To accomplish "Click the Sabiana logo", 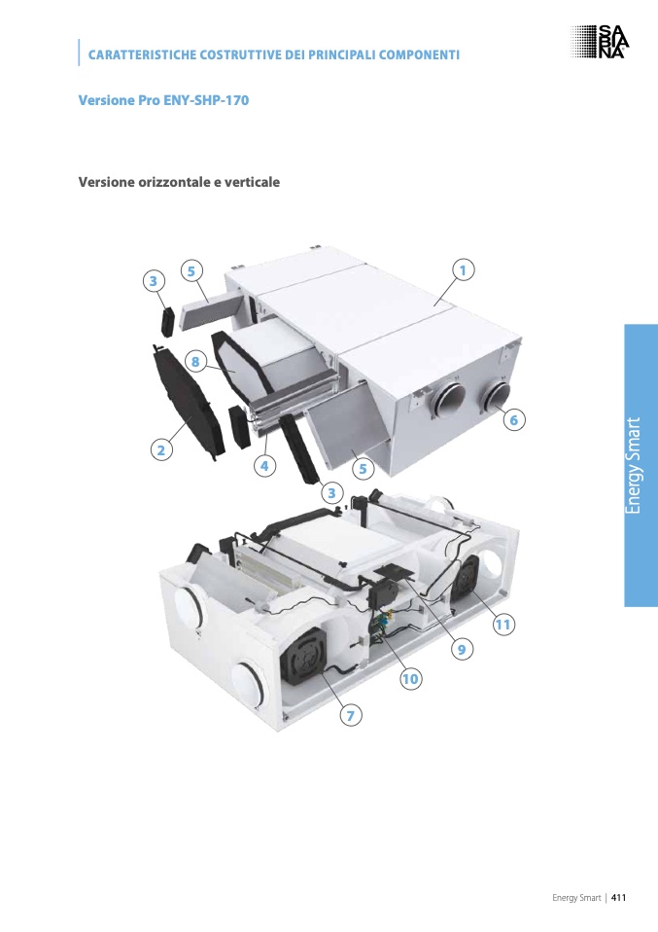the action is tap(600, 42).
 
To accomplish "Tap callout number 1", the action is tap(463, 269).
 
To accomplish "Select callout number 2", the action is tap(161, 450).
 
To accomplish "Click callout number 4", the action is tap(265, 466).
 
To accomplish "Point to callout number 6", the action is tap(514, 419).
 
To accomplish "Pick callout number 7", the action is tap(350, 715).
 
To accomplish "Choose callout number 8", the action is tap(194, 361).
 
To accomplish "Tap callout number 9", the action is tap(462, 649).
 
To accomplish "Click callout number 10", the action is tap(410, 679).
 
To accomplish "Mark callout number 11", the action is tap(503, 625).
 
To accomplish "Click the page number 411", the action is tap(619, 898).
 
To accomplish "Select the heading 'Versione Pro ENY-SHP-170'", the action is tap(163, 100).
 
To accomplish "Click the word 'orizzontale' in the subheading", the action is tap(173, 182).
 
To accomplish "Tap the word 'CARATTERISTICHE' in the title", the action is tap(142, 54).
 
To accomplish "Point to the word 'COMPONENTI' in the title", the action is tap(419, 54).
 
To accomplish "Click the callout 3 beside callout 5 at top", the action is tap(154, 280).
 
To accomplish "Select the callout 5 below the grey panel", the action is tap(363, 469).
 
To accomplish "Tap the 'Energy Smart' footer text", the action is tap(576, 898).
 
